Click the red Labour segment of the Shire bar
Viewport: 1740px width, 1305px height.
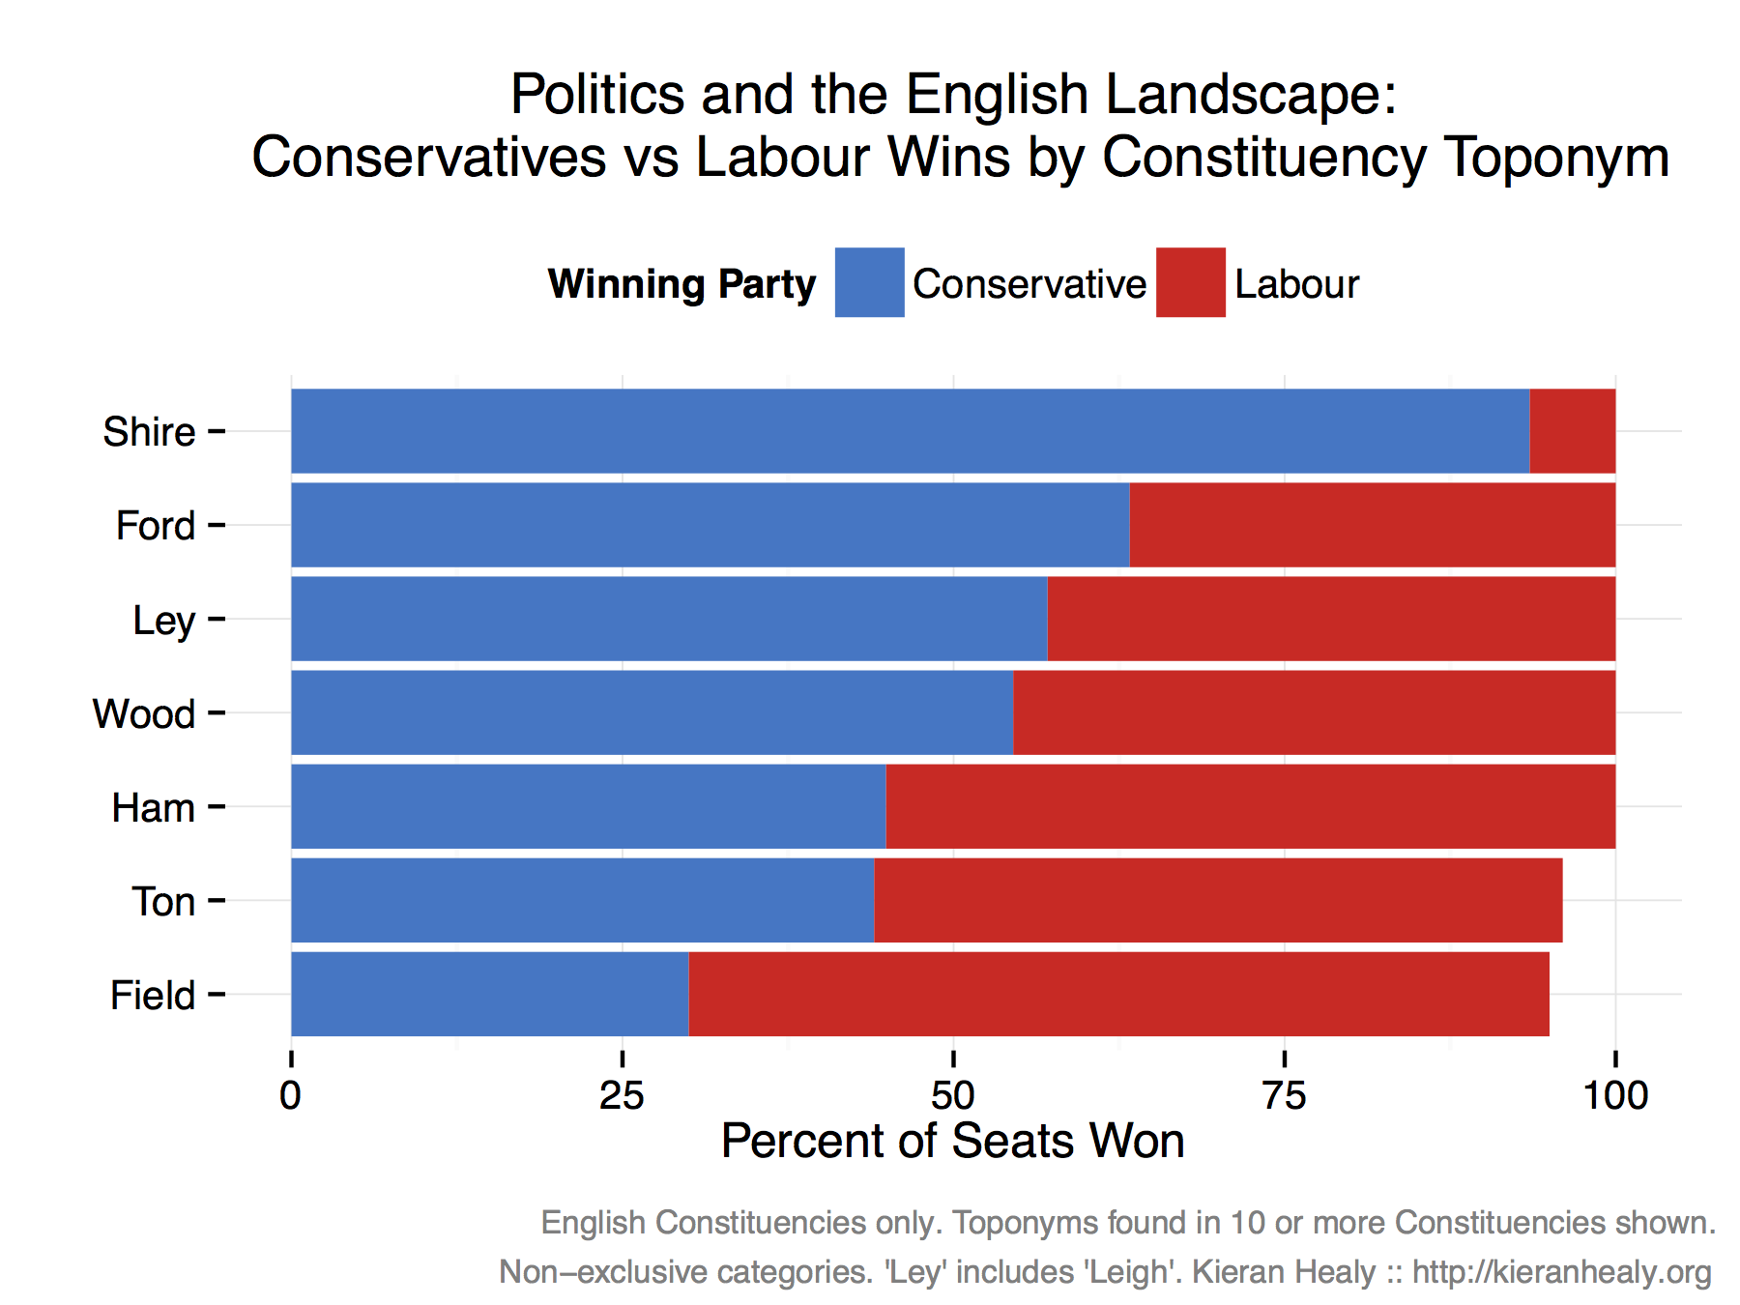tap(1572, 431)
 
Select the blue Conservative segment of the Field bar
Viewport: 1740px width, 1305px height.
tap(489, 994)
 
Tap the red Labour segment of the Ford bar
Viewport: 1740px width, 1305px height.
tap(1372, 525)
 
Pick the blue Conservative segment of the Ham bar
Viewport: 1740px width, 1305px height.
tap(588, 806)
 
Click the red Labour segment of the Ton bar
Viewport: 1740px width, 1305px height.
tap(1218, 900)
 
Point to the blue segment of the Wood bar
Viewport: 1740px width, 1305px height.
tap(652, 712)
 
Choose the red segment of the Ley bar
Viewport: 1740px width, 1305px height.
tap(1331, 619)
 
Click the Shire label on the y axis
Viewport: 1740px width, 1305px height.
tap(149, 432)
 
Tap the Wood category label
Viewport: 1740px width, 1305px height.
tap(144, 714)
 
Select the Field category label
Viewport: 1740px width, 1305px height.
tap(153, 996)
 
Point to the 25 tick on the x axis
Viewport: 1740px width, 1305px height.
tap(622, 1095)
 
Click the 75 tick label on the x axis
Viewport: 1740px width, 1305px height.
tap(1285, 1095)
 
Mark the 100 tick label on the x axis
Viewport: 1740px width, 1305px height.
tap(1614, 1095)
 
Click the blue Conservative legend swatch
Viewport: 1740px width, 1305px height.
tap(869, 282)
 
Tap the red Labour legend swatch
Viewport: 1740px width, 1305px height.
tap(1190, 282)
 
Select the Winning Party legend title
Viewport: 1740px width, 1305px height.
tap(681, 284)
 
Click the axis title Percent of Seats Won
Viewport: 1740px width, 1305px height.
tap(952, 1141)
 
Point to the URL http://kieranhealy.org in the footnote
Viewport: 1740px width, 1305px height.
tap(1561, 1272)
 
